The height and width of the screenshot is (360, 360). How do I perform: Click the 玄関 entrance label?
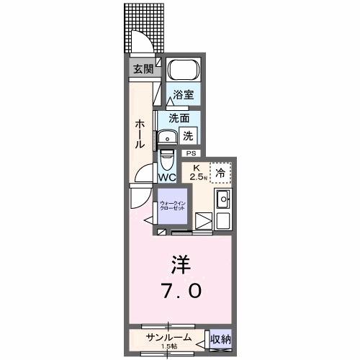click(143, 69)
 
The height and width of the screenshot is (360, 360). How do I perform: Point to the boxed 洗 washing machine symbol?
click(187, 134)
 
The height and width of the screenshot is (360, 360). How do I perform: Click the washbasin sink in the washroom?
click(168, 138)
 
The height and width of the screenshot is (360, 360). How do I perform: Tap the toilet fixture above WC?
click(167, 158)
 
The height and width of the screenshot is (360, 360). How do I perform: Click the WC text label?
click(167, 177)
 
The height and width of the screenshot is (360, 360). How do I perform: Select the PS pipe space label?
click(191, 153)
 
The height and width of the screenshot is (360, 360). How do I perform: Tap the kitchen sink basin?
click(222, 199)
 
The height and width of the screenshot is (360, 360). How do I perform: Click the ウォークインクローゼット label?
click(172, 204)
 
